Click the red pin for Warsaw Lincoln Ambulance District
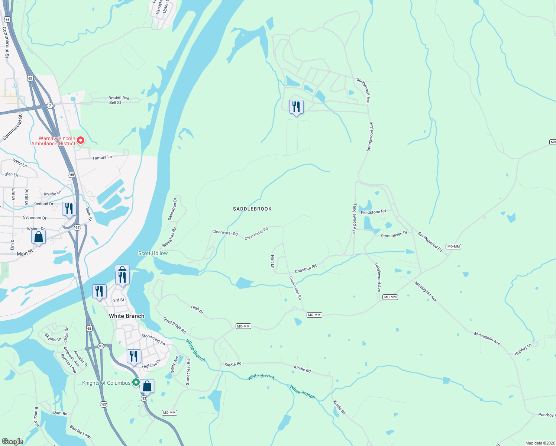(x=80, y=140)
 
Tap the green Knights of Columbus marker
(x=136, y=382)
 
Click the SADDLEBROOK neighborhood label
(x=252, y=209)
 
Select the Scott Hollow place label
(x=153, y=253)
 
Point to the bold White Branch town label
(x=127, y=316)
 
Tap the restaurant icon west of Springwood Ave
(x=296, y=107)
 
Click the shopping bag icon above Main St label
(x=38, y=237)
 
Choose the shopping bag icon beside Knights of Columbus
(x=147, y=387)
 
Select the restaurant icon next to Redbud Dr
(x=69, y=209)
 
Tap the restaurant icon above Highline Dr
(x=134, y=356)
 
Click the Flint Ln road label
(x=272, y=262)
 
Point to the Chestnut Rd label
(x=306, y=269)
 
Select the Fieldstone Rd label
(x=373, y=212)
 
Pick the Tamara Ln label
(x=102, y=158)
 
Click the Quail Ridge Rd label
(x=175, y=325)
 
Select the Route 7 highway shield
(x=50, y=106)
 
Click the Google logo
(x=13, y=441)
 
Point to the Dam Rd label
(x=60, y=413)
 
